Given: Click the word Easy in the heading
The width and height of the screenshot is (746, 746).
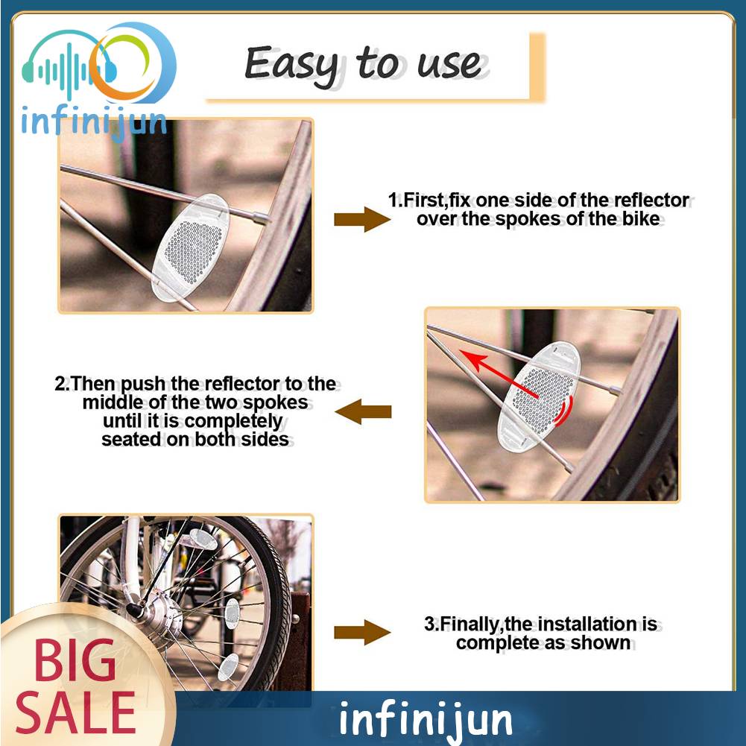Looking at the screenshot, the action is (x=291, y=65).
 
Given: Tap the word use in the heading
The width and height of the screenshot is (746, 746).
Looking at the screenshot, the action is (x=449, y=64).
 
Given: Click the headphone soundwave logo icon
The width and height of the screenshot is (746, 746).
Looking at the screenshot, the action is (x=98, y=63).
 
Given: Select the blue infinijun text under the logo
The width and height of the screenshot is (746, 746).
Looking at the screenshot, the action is (x=94, y=123).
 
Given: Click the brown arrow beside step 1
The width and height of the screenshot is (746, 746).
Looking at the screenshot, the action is (x=362, y=219).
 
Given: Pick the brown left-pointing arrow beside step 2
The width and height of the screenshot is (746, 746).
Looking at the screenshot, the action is (x=363, y=411).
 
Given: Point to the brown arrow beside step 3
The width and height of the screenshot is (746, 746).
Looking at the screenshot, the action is (x=362, y=632).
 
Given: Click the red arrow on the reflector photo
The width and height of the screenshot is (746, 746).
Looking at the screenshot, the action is (x=499, y=374).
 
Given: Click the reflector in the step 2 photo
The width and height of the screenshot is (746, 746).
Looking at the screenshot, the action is (x=539, y=396).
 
